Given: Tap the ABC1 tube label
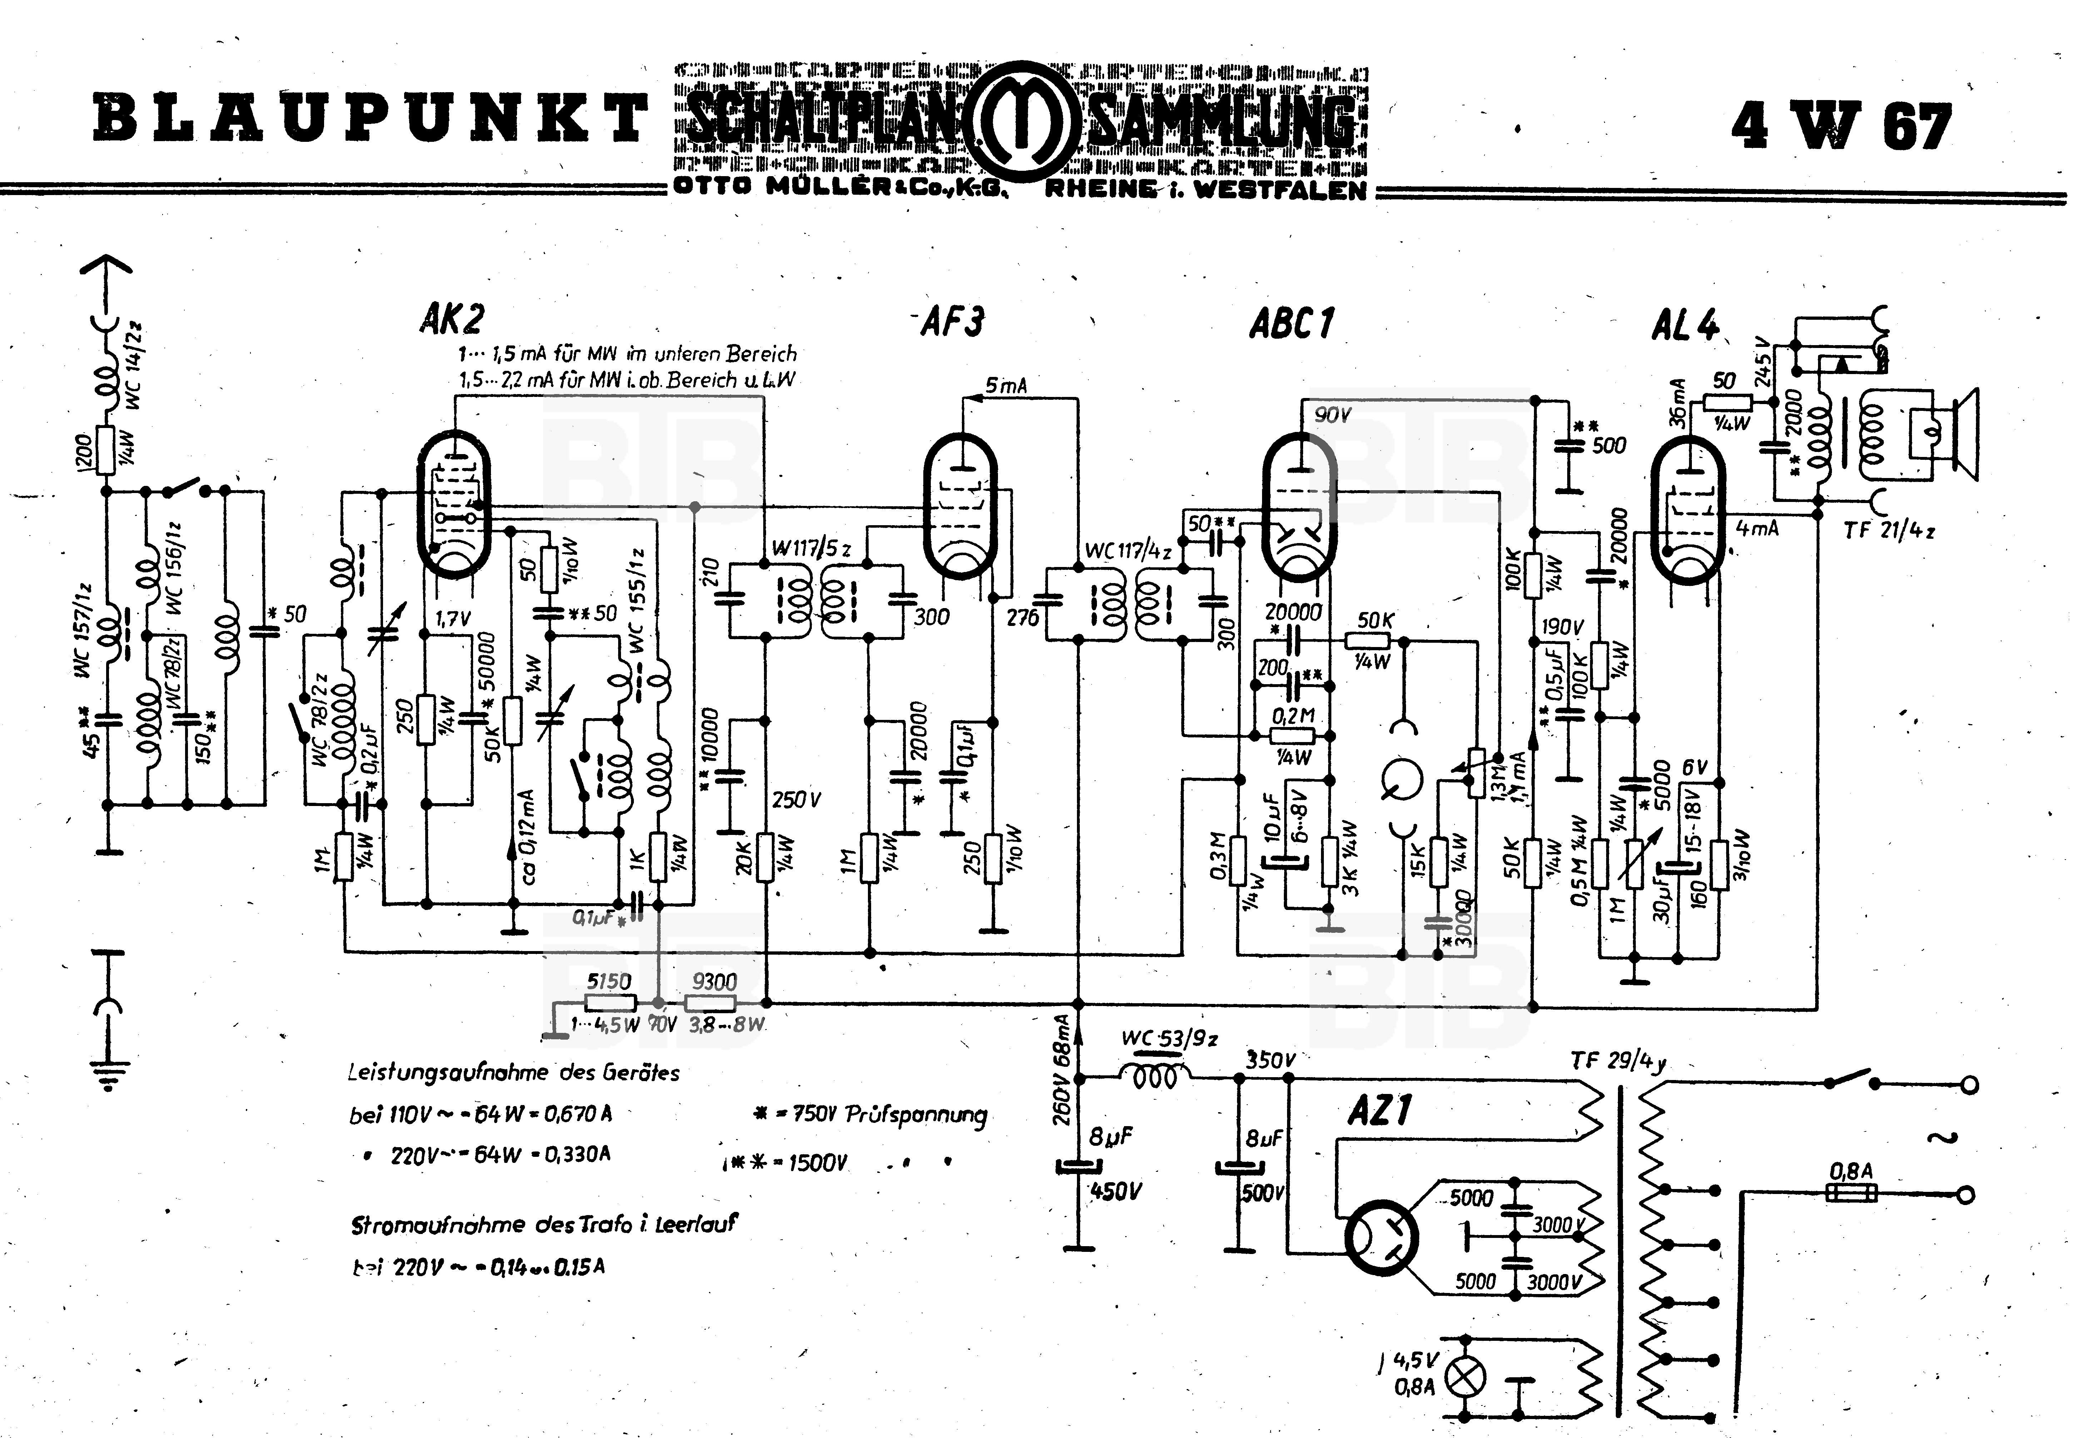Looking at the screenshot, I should coord(1291,323).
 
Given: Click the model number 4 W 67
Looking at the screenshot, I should coord(1841,126).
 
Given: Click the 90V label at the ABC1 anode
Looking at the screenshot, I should coord(1333,416).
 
